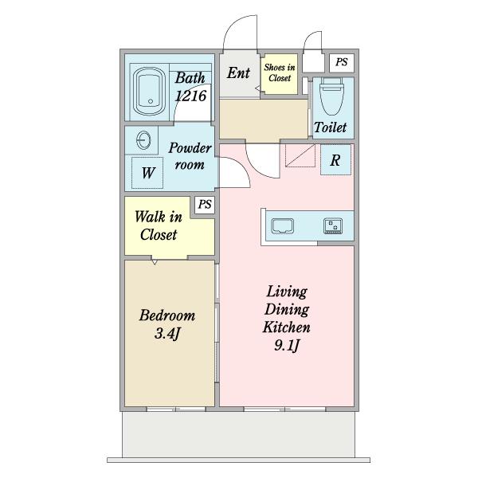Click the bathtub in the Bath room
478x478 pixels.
pos(150,92)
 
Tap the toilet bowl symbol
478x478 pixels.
pos(331,96)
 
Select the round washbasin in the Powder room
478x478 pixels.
pos(143,140)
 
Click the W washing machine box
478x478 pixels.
pos(147,173)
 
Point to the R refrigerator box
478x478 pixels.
pos(335,160)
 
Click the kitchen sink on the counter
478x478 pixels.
pos(283,226)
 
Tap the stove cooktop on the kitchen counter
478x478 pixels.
pos(333,226)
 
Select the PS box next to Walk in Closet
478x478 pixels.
pos(205,205)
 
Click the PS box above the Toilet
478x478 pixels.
pos(342,63)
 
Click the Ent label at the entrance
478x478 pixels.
pos(238,73)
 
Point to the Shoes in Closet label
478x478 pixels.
pos(280,72)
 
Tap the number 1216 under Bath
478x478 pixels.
pos(191,96)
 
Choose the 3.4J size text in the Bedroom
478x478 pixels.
pos(167,333)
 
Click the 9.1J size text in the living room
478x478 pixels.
pos(287,346)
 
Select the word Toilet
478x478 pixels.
pos(330,127)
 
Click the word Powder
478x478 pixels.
pos(190,148)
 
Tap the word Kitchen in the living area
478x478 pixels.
pos(287,327)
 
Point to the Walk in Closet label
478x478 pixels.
pos(159,225)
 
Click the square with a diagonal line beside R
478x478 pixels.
pos(300,155)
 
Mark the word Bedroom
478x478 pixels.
pos(167,315)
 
